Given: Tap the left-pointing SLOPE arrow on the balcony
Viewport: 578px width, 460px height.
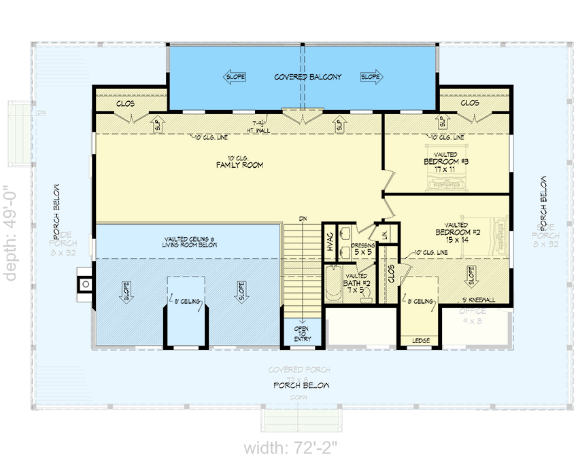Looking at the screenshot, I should coord(235,77).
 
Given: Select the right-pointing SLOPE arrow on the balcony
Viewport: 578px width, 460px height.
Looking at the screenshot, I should coord(371,77).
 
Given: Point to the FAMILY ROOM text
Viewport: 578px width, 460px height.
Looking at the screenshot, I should coord(239,165).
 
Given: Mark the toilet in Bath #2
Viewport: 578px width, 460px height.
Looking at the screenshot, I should coord(365,293).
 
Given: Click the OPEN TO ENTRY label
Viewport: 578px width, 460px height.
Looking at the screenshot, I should coord(301,334).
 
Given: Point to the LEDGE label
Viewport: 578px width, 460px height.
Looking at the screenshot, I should coord(420,340).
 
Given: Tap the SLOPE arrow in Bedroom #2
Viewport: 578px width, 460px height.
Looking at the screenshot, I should coord(470,275).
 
